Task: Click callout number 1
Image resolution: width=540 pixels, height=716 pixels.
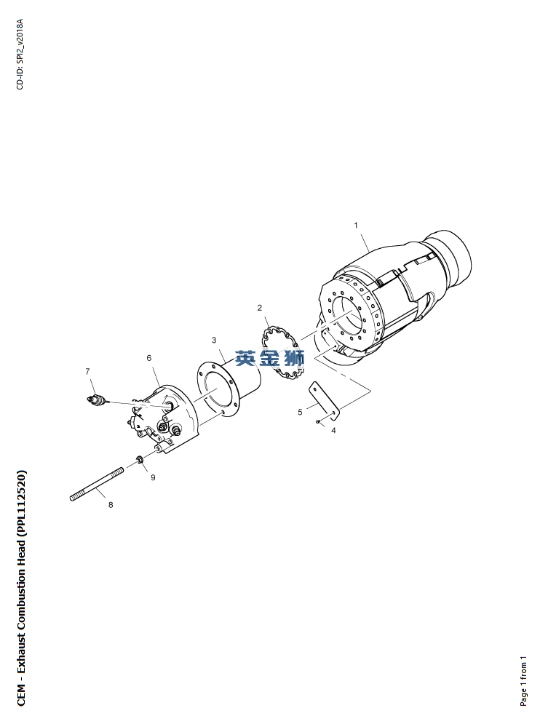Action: point(356,225)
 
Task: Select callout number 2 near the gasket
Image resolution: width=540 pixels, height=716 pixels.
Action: point(260,308)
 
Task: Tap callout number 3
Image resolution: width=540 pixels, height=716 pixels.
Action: point(214,341)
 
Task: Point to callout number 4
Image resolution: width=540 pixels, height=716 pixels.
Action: point(333,430)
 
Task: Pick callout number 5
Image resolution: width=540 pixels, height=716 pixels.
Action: point(300,412)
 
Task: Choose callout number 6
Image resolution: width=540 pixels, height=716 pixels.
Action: point(149,358)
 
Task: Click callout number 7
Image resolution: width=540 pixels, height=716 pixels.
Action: point(88,372)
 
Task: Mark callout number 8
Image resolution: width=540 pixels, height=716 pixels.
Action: point(111,505)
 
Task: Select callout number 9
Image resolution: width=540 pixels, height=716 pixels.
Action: point(153,477)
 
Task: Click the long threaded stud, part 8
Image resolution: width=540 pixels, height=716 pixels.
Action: point(96,484)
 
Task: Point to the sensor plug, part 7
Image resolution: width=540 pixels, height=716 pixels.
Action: point(96,400)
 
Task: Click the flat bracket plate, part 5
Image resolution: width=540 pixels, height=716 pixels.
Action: point(325,402)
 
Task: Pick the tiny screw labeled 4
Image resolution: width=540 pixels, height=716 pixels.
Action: point(317,421)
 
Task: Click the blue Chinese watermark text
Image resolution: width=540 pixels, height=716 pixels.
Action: point(269,359)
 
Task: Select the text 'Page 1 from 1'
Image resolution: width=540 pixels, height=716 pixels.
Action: point(523,680)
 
